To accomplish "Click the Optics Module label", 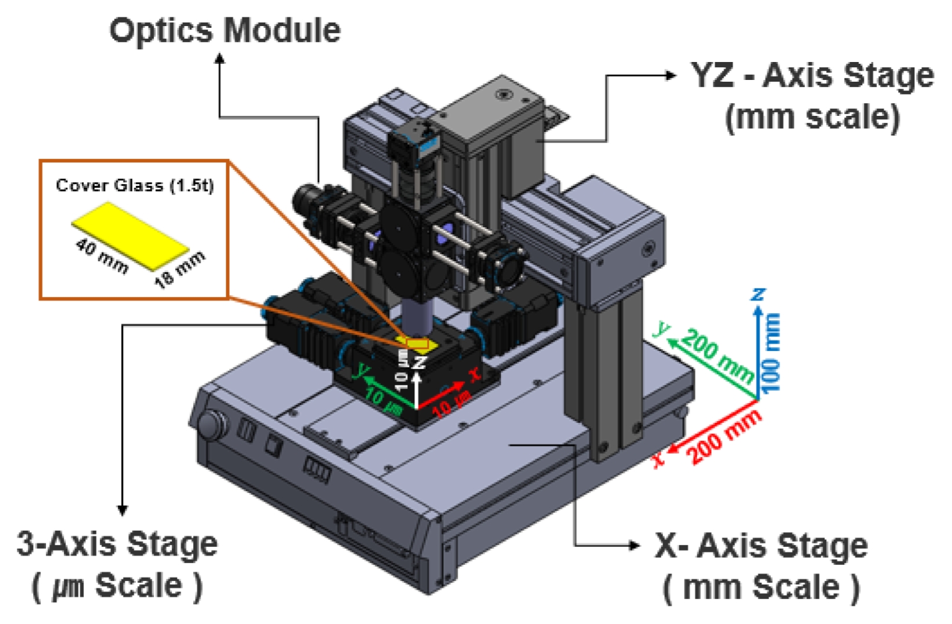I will tap(225, 30).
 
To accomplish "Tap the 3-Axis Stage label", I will tap(117, 545).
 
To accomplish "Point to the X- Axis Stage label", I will tap(761, 546).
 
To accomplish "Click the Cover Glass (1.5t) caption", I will tap(135, 185).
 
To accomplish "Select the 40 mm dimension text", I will tap(102, 256).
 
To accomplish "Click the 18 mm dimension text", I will tap(180, 269).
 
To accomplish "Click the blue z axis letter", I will tap(758, 295).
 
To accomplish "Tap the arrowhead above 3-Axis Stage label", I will tap(122, 510).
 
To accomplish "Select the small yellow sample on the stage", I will tap(417, 345).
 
